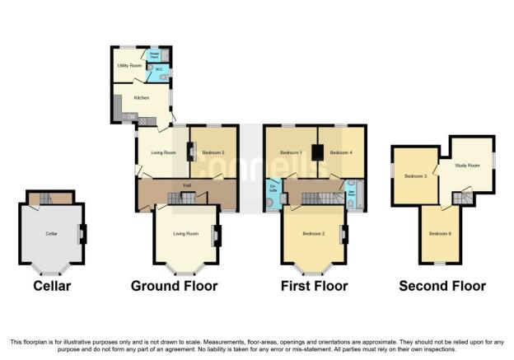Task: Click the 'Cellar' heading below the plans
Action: pos(52,287)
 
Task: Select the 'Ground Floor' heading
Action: pos(175,287)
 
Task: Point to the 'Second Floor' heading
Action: pos(442,287)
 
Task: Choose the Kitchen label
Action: pos(141,97)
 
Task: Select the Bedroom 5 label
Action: pos(213,152)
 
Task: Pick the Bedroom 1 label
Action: pos(291,152)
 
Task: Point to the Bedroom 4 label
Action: pos(341,152)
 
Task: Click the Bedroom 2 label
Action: pos(313,234)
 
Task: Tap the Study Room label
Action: pos(467,166)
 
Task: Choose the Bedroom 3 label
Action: pos(414,175)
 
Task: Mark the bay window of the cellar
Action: pos(51,269)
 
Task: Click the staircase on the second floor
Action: pos(465,198)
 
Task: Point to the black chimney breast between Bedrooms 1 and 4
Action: pos(318,152)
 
